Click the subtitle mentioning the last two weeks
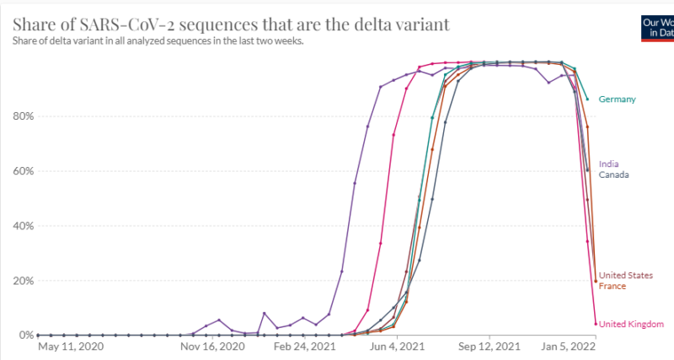[x=158, y=40]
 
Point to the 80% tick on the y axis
[x=22, y=116]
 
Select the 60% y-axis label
[x=22, y=171]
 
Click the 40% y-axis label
[x=22, y=226]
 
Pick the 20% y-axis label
[x=22, y=281]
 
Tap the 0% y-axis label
[x=24, y=336]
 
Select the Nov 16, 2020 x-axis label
[x=212, y=346]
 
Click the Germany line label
[x=617, y=99]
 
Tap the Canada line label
[x=614, y=175]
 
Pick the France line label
[x=612, y=287]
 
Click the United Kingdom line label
[x=631, y=324]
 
